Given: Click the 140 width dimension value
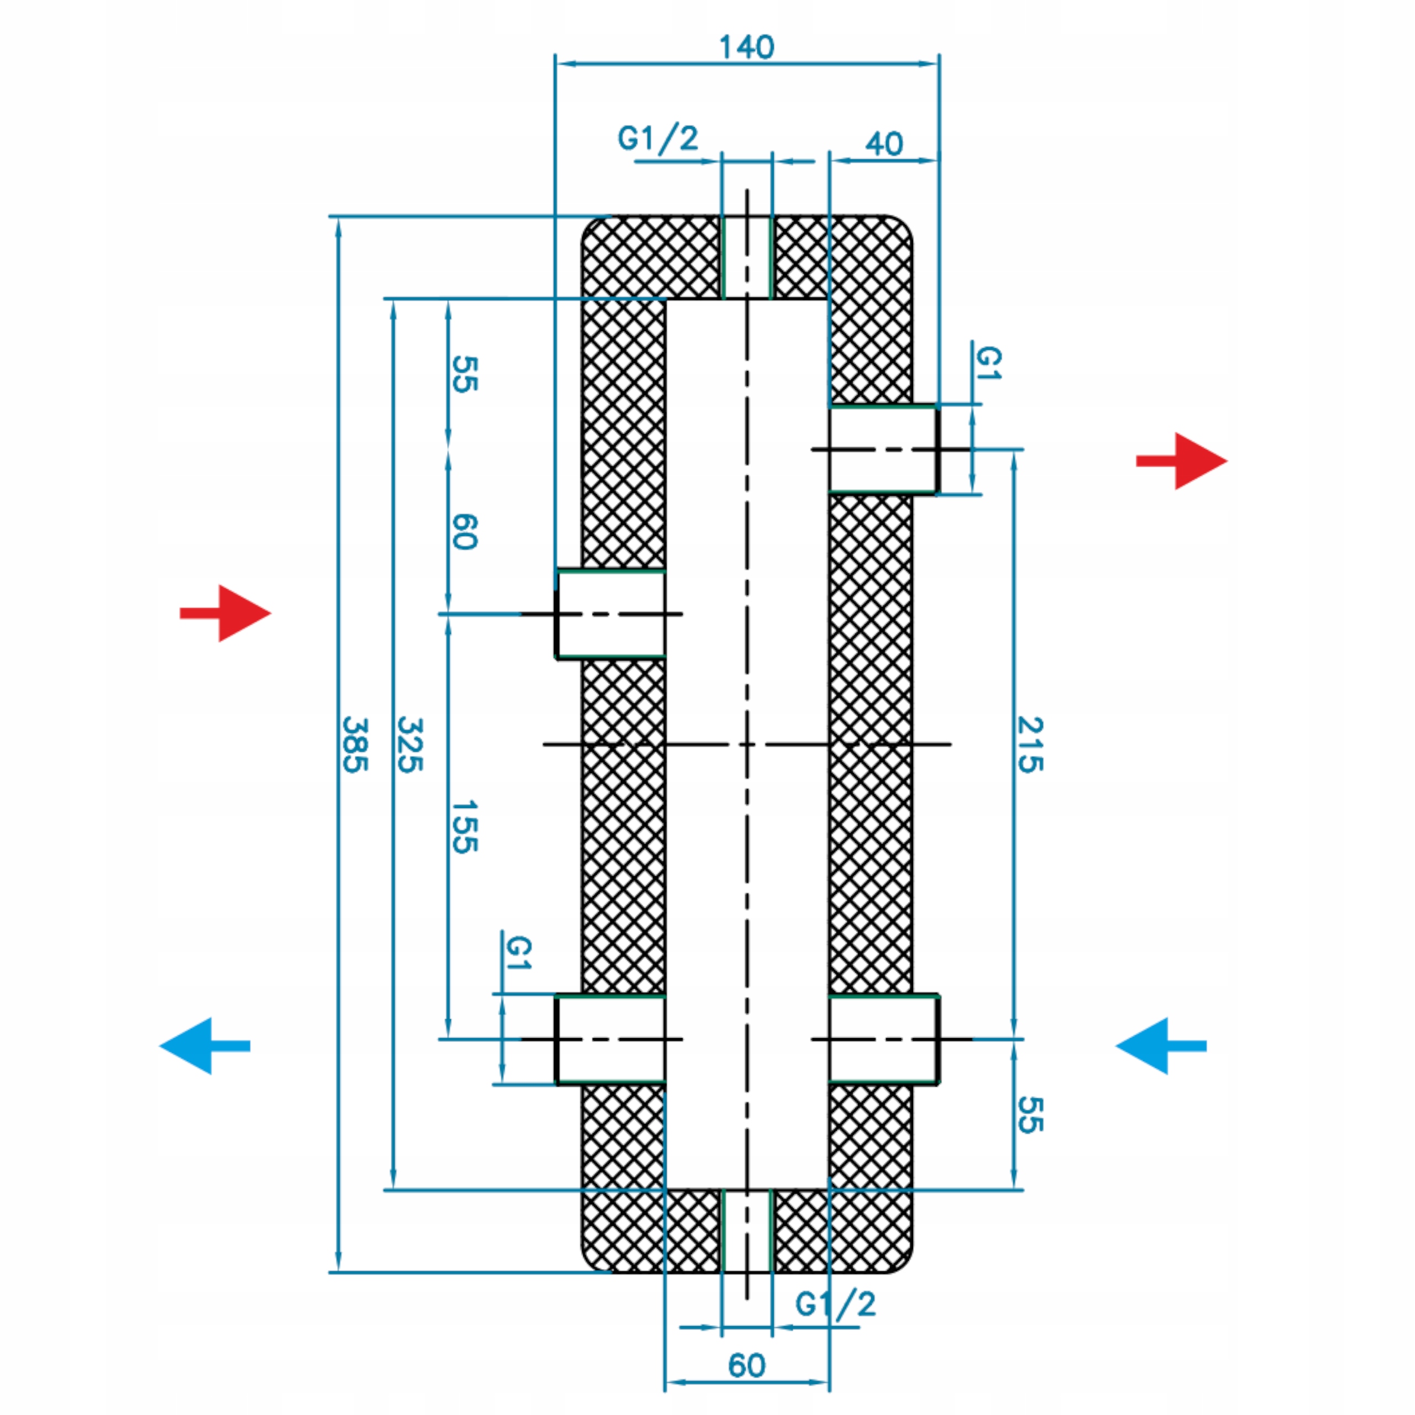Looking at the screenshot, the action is tap(746, 47).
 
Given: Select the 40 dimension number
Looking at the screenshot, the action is tap(884, 144).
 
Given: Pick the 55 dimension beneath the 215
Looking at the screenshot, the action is tap(1030, 1115).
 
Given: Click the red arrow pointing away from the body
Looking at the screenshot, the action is tap(1181, 460).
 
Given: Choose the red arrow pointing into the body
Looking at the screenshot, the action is tap(226, 613).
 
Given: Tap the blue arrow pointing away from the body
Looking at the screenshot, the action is tap(205, 1046).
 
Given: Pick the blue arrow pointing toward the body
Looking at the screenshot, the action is tap(1161, 1046).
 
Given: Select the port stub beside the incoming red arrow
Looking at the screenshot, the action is tap(610, 614).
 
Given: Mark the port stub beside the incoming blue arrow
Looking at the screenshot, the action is tap(884, 1039).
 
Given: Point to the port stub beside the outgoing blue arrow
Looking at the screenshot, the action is tap(610, 1039).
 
